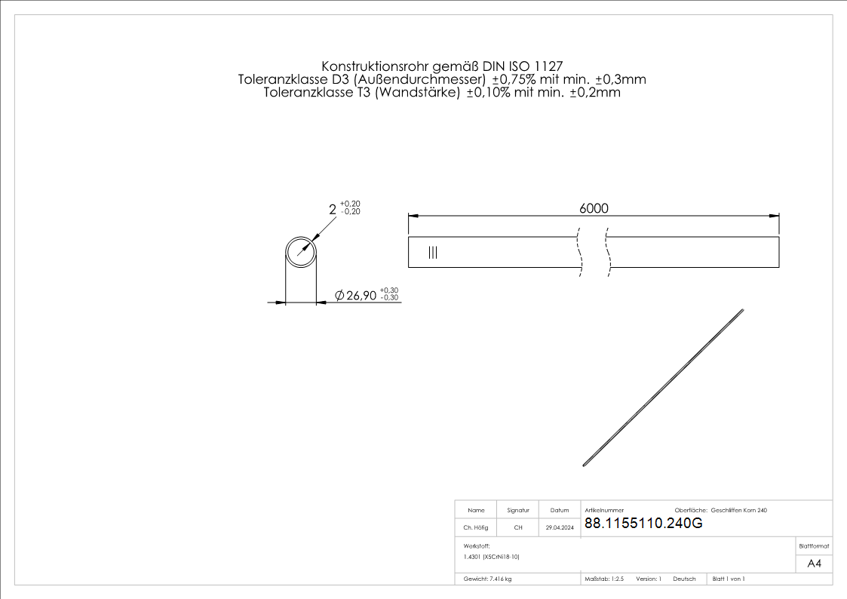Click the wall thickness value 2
click(x=333, y=209)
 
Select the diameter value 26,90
click(x=361, y=296)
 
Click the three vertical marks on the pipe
click(x=432, y=253)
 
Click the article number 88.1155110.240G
click(x=643, y=524)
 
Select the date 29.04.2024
click(x=560, y=528)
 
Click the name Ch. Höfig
click(x=476, y=528)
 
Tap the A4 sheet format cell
click(x=814, y=564)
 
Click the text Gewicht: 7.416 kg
click(x=488, y=579)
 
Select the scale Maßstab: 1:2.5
click(x=604, y=579)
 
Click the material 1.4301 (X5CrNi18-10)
click(x=492, y=557)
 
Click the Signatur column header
click(x=518, y=511)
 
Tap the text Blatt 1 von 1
click(x=729, y=579)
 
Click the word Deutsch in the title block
click(x=684, y=579)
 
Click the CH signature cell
click(x=518, y=528)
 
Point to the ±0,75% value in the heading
click(x=514, y=79)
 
